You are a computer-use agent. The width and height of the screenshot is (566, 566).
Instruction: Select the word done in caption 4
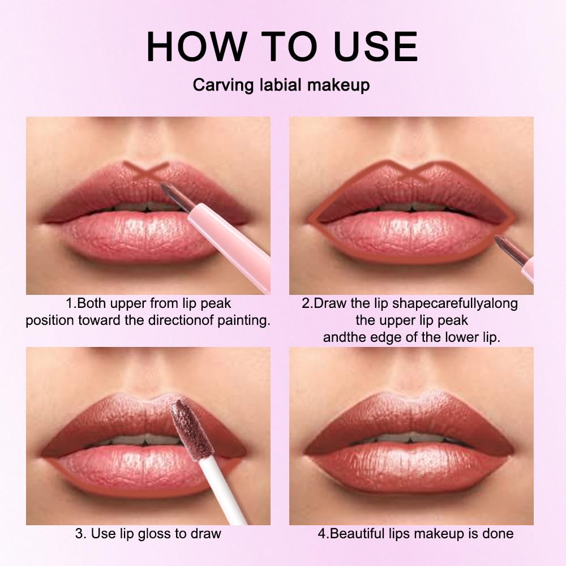[499, 533]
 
